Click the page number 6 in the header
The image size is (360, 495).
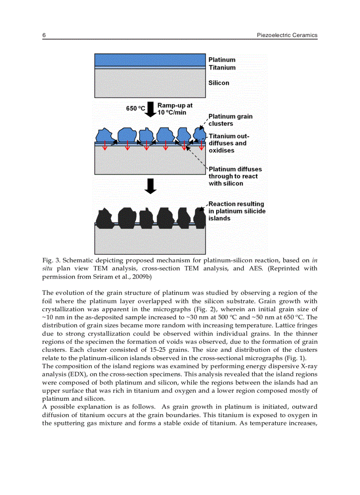coord(44,35)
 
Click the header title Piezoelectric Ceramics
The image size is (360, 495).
coord(287,35)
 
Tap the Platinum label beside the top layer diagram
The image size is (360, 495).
coord(222,60)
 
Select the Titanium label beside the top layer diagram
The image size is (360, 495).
coord(222,67)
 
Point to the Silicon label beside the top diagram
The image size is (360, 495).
coord(219,83)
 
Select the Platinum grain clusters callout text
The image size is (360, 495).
coord(230,120)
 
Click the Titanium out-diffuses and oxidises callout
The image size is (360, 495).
coord(229,143)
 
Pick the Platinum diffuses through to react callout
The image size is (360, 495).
coord(235,176)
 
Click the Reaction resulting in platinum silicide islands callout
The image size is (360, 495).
coord(236,211)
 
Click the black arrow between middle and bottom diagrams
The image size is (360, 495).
coord(151,186)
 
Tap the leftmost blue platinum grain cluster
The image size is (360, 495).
coord(104,135)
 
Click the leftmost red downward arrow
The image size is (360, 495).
coord(105,146)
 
